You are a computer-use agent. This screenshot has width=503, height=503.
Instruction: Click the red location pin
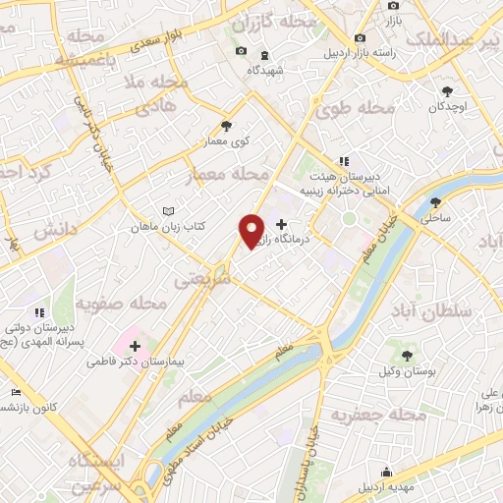click(252, 231)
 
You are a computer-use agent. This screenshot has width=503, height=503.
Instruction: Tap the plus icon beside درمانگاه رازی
click(283, 225)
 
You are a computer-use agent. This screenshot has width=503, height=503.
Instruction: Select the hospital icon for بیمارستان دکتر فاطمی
click(135, 346)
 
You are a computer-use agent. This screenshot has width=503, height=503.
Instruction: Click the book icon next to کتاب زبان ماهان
click(168, 211)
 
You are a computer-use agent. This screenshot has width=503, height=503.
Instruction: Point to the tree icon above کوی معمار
click(227, 126)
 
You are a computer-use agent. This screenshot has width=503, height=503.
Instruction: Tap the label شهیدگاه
click(267, 71)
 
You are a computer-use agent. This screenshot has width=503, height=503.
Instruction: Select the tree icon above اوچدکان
click(448, 89)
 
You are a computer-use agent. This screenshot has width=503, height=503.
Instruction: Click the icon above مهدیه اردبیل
click(387, 472)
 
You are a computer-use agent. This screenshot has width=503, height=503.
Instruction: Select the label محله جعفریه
click(378, 417)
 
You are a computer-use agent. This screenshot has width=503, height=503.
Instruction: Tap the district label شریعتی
click(200, 278)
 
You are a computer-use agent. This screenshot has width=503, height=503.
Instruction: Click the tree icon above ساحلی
click(436, 203)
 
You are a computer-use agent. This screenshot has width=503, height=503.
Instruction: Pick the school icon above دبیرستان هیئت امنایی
click(344, 161)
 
